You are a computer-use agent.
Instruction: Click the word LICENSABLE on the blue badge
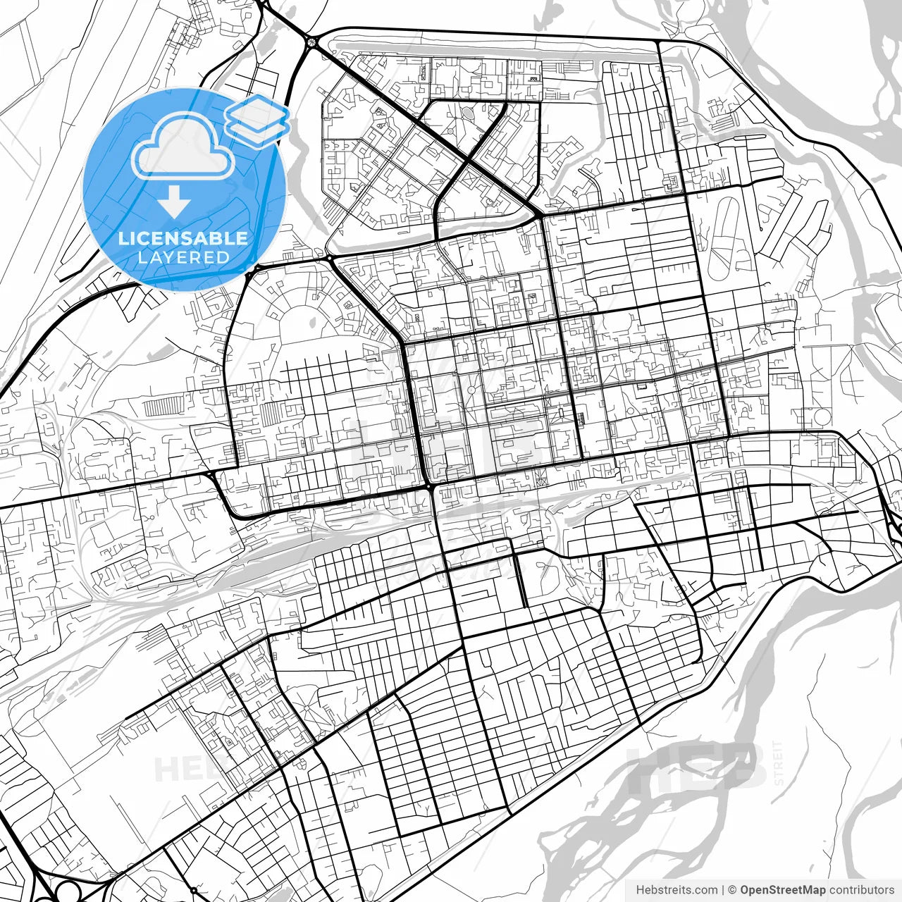point(183,237)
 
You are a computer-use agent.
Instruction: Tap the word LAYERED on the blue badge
point(183,257)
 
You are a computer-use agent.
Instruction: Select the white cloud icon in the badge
point(183,146)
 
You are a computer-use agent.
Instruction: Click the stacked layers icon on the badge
point(257,120)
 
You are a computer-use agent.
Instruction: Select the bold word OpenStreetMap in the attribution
point(783,890)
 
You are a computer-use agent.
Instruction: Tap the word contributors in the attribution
point(861,890)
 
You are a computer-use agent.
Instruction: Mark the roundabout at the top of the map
point(311,44)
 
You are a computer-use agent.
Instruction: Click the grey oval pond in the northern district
point(469,112)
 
